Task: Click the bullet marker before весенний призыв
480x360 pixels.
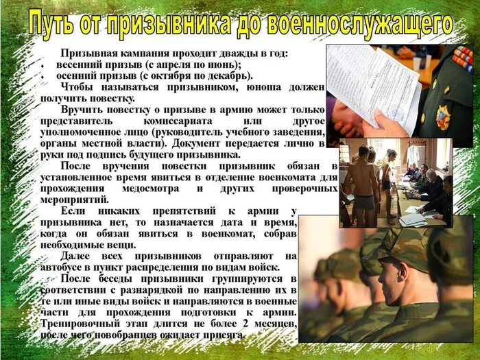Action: tap(42, 65)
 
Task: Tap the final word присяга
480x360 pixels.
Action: tap(224, 335)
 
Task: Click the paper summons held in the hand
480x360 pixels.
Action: tap(370, 82)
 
